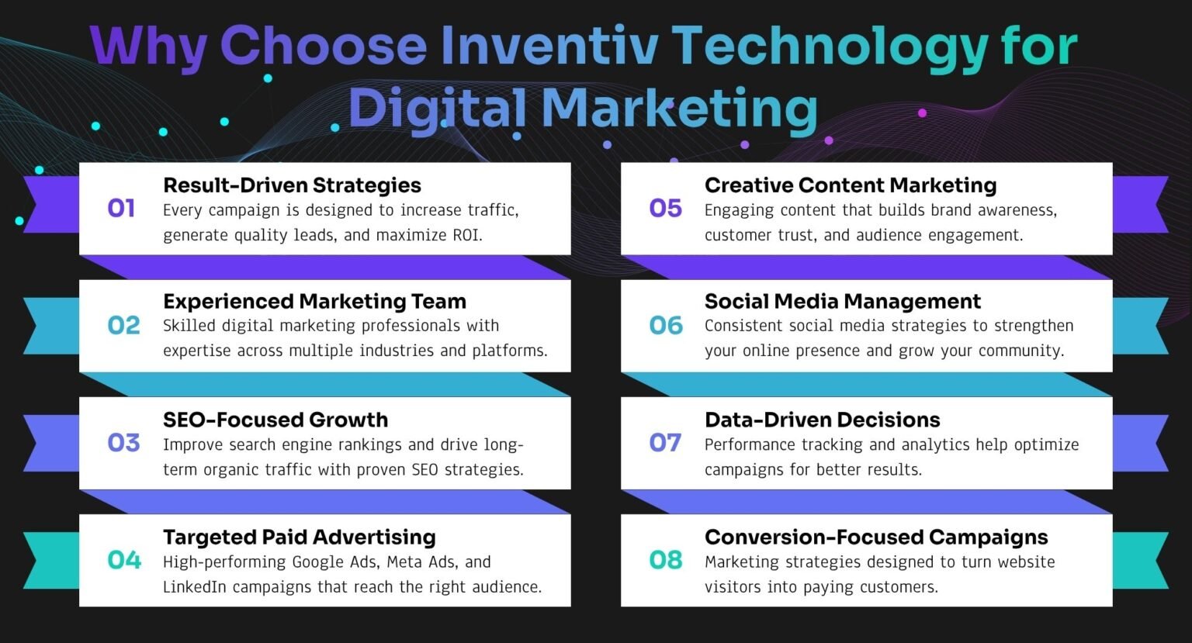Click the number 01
click(x=121, y=208)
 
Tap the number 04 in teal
click(x=124, y=559)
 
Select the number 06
click(x=666, y=325)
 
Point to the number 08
click(x=666, y=559)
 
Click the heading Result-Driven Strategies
click(x=292, y=185)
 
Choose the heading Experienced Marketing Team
click(x=314, y=302)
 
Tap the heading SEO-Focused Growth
click(x=275, y=420)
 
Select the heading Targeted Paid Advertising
click(x=300, y=538)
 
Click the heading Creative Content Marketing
click(x=851, y=185)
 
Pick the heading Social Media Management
click(x=842, y=302)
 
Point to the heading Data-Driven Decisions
click(x=822, y=420)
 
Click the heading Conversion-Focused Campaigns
click(x=876, y=538)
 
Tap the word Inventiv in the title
click(x=549, y=45)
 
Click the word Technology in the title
click(x=830, y=48)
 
